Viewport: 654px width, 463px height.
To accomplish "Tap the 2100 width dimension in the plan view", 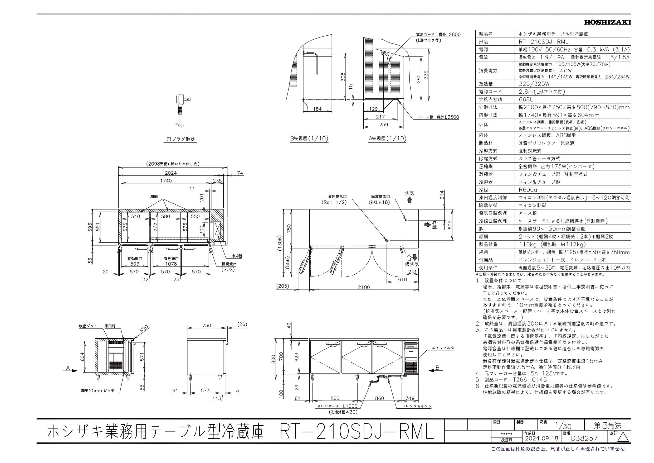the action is tap(364, 287).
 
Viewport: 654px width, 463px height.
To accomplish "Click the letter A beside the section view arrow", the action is tap(68, 368).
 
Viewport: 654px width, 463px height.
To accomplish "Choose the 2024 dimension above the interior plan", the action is tap(171, 173).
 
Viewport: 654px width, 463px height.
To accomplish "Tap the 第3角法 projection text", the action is tap(607, 434).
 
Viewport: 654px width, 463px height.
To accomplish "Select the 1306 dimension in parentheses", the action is tap(281, 242).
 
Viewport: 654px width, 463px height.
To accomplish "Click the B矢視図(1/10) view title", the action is tap(309, 139).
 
